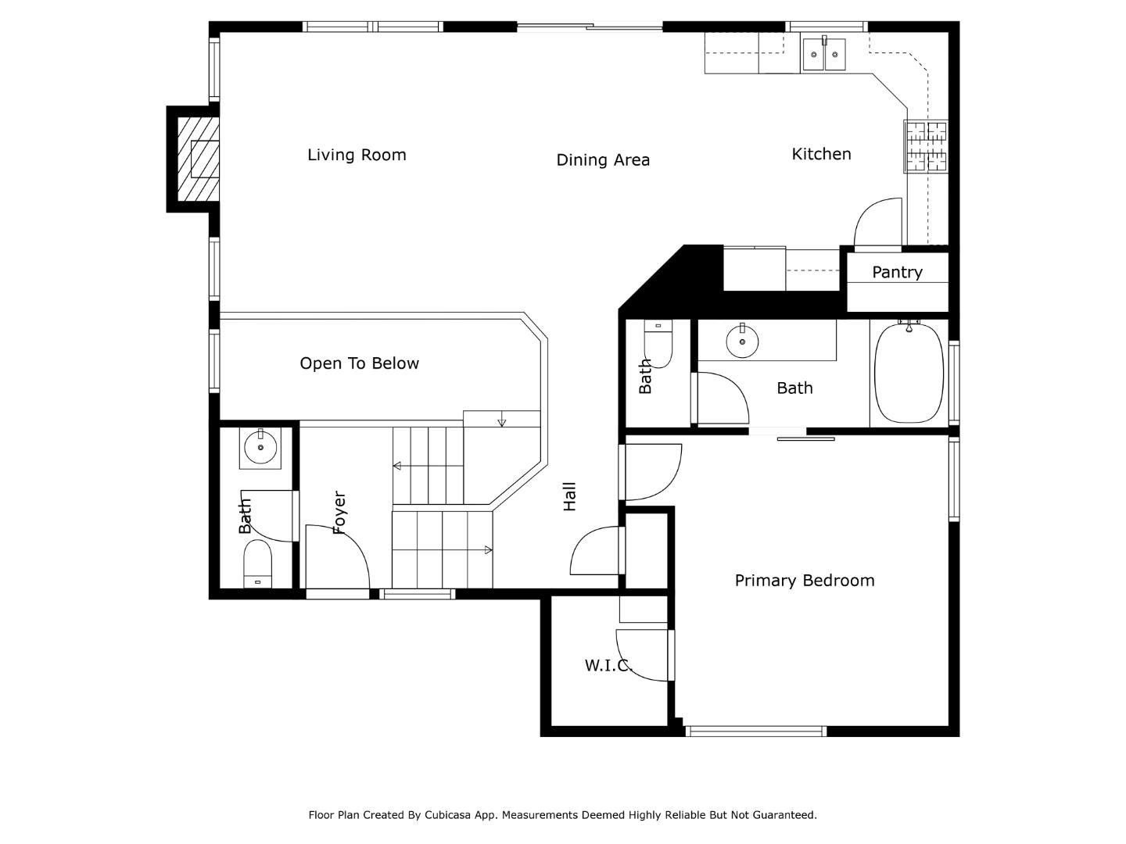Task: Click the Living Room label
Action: [x=357, y=155]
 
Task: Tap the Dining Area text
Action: [x=603, y=160]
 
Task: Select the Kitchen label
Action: [x=821, y=154]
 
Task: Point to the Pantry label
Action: [x=897, y=272]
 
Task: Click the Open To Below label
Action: [x=359, y=363]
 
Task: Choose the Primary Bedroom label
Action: [x=804, y=581]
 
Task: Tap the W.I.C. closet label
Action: [x=608, y=665]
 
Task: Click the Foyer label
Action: [x=339, y=513]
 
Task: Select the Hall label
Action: [x=569, y=497]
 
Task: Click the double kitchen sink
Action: [x=824, y=55]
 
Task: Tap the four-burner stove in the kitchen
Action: [x=926, y=146]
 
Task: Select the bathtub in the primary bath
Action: [x=909, y=373]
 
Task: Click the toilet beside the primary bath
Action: [x=658, y=345]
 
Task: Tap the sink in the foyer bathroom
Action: [x=260, y=448]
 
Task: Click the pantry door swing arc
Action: [x=877, y=224]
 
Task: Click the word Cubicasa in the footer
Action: [x=452, y=815]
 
